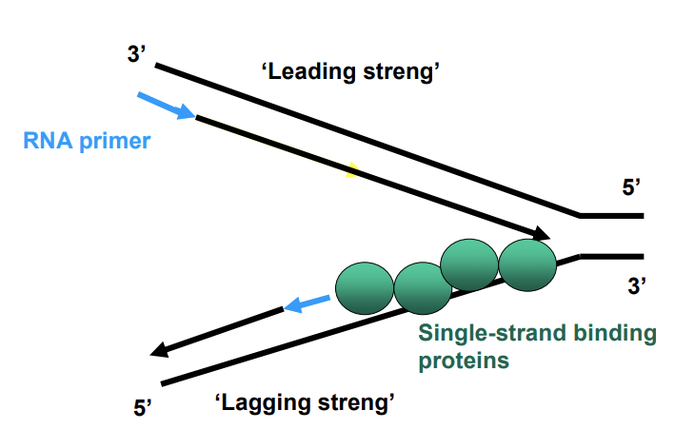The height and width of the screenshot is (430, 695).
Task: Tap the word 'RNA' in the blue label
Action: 45,143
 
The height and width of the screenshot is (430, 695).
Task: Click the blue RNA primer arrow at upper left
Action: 167,106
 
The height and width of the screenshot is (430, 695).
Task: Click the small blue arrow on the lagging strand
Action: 307,304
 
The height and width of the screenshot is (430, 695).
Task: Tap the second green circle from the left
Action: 422,288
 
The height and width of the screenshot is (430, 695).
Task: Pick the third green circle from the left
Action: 470,264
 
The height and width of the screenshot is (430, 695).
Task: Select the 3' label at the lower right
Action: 637,283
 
